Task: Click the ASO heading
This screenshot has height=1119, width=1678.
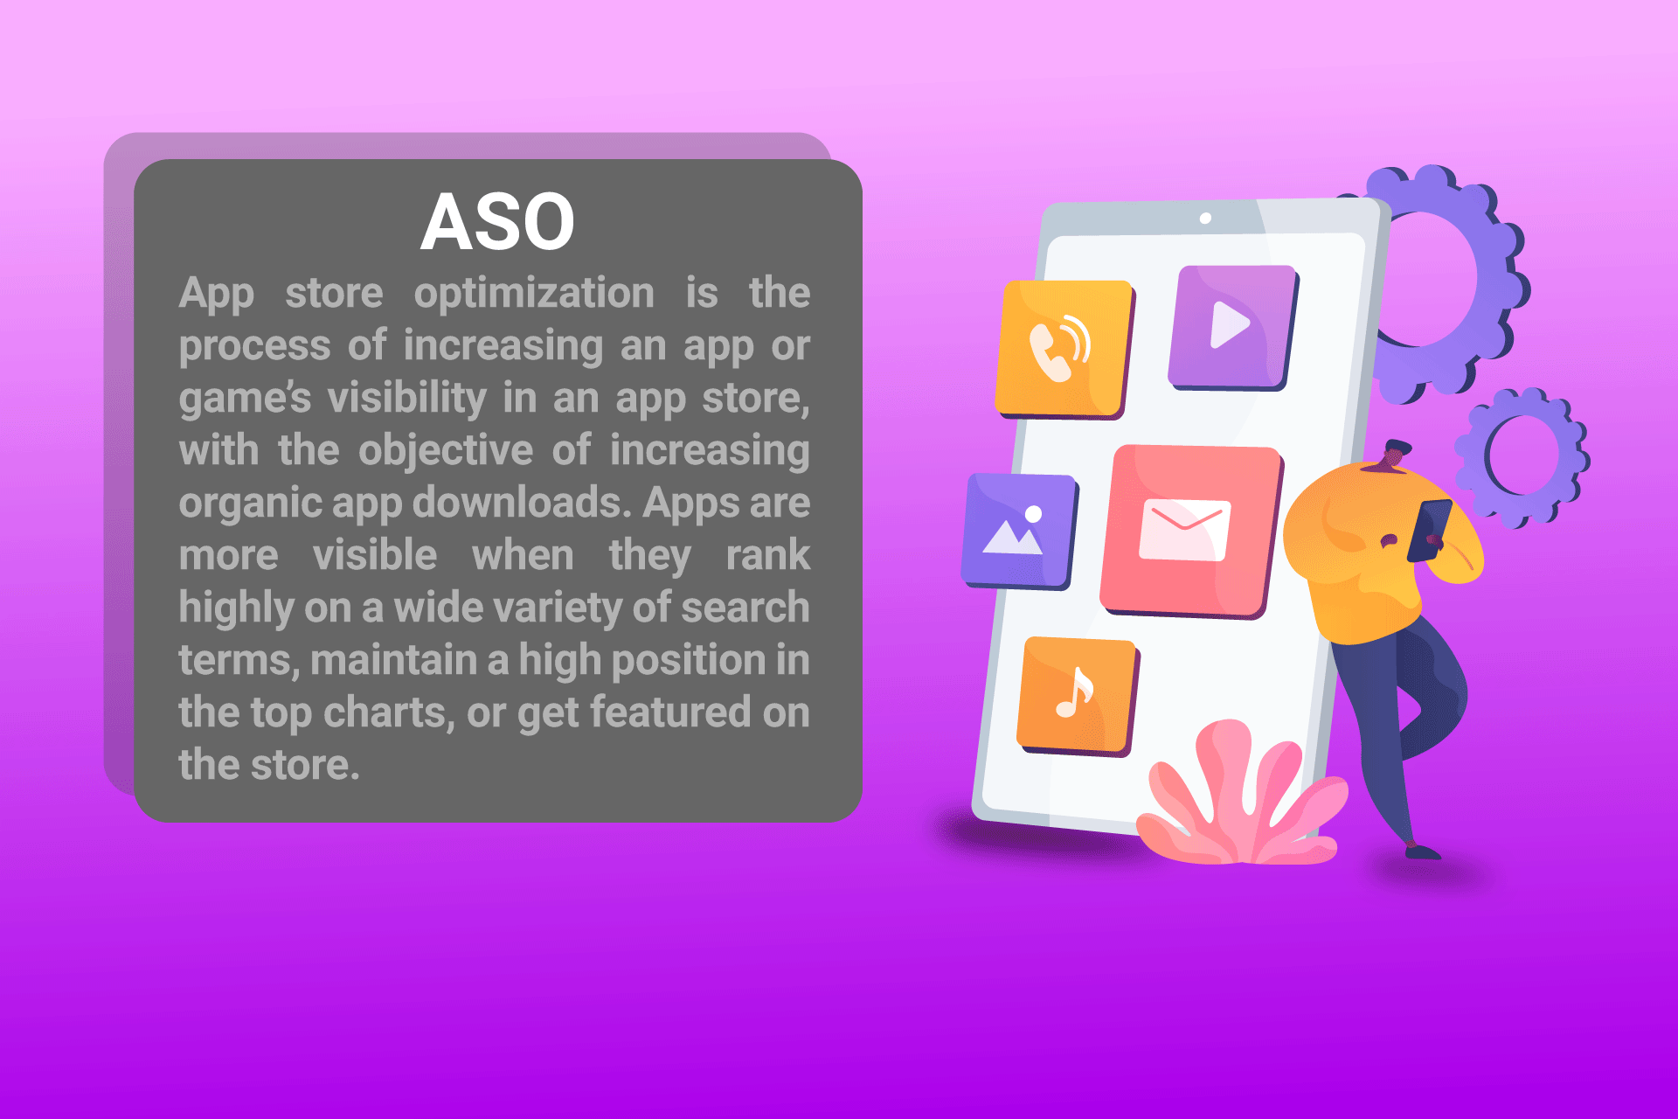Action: [497, 222]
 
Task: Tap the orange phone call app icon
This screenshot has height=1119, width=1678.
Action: [1064, 349]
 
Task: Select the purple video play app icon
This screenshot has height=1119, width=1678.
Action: [1233, 328]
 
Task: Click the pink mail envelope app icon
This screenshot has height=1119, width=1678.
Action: [1190, 532]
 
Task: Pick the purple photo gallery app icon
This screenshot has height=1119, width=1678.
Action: [1020, 532]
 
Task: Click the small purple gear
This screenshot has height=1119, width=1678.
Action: [1522, 456]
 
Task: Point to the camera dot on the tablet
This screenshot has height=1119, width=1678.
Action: [1205, 218]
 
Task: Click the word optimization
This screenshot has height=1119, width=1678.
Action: [534, 295]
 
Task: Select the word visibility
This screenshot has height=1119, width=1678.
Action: [407, 398]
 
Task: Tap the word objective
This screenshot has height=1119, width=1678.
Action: [446, 452]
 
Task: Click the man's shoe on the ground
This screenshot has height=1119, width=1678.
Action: [1422, 851]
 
